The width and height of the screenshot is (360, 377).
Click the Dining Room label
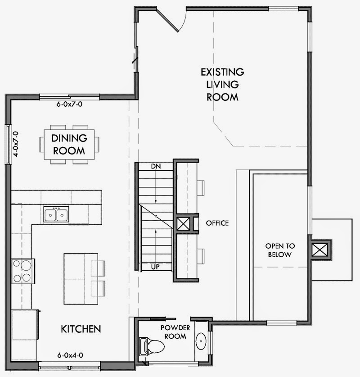[69, 144]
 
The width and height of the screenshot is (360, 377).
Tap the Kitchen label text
[81, 329]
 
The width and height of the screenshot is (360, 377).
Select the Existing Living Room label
[222, 84]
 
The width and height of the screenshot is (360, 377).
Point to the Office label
[217, 223]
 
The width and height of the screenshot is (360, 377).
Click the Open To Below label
[280, 250]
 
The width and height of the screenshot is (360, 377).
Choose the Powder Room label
[175, 332]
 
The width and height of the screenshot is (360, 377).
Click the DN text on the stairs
[156, 166]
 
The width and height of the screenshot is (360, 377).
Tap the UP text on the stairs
[155, 267]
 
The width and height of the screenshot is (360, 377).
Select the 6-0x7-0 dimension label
[69, 104]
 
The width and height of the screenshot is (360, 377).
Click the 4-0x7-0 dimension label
[16, 144]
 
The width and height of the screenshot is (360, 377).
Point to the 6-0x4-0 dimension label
[70, 355]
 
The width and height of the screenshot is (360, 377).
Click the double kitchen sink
[56, 214]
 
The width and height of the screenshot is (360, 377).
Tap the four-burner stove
[23, 271]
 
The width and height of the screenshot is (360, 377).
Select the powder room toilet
[151, 346]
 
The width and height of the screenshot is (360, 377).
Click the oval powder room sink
[201, 341]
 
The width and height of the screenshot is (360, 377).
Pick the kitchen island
[81, 279]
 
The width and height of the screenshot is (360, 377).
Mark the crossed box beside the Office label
[183, 224]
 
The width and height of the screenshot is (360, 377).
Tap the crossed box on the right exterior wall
[319, 250]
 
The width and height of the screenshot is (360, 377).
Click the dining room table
[69, 144]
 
